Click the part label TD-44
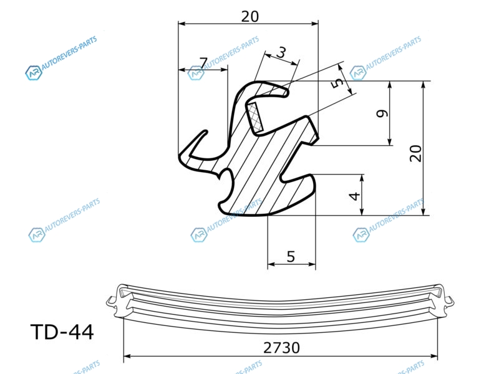(x=62, y=332)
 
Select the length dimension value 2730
(x=281, y=348)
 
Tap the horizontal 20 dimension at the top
(x=250, y=17)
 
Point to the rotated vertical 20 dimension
(x=416, y=153)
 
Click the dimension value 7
(x=204, y=63)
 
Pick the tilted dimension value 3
(x=281, y=52)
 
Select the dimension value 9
(x=382, y=113)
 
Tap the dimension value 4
(x=355, y=196)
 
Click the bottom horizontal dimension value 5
(x=291, y=256)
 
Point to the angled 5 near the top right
(x=337, y=83)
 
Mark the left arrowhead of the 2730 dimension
(x=127, y=356)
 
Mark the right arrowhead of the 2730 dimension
(x=434, y=356)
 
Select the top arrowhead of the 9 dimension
(x=390, y=85)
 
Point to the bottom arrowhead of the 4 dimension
(x=362, y=211)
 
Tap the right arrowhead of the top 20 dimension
(x=314, y=24)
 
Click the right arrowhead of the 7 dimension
(x=224, y=70)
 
